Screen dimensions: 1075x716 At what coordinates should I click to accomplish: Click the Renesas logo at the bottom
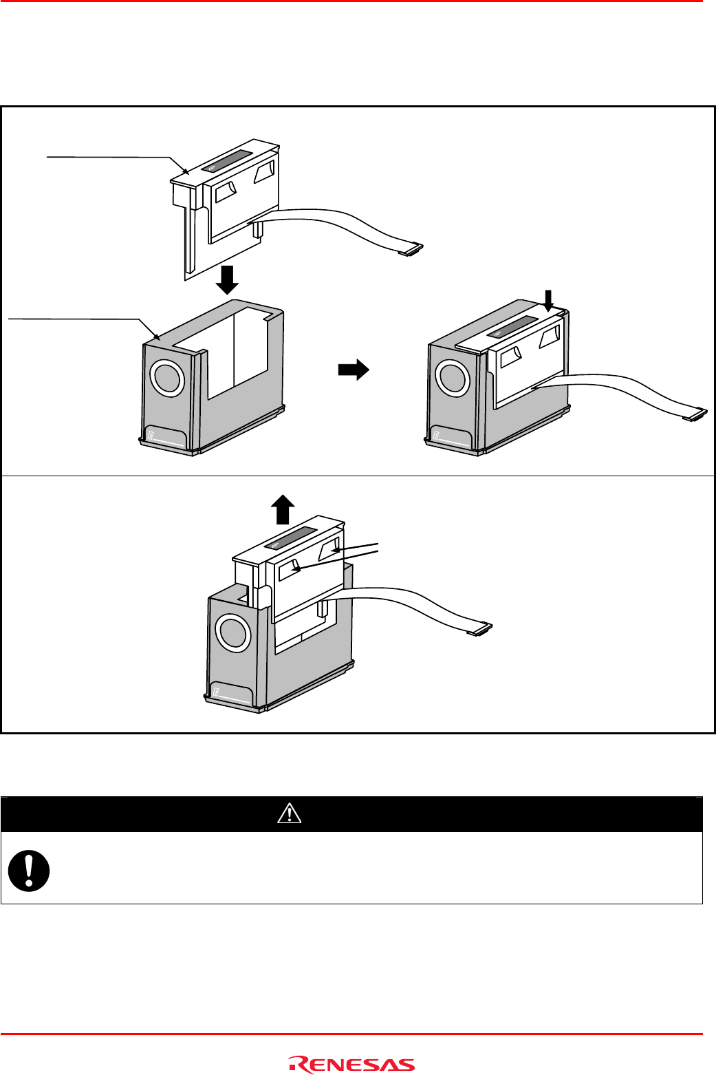[x=352, y=1065]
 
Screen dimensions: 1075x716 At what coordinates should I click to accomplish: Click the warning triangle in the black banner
[x=290, y=814]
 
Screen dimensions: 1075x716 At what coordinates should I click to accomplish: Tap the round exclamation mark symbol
[x=29, y=871]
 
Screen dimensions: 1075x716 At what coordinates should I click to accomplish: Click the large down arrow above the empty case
[x=227, y=279]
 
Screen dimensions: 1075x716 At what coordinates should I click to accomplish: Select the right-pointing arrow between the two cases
[x=354, y=370]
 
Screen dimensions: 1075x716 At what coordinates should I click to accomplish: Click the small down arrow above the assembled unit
[x=548, y=301]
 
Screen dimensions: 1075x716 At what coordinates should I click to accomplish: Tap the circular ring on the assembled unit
[x=453, y=378]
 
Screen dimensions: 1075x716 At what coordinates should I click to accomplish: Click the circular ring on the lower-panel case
[x=232, y=632]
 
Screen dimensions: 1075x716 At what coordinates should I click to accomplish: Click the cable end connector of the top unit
[x=411, y=250]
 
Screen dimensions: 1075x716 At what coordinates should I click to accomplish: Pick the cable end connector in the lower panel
[x=479, y=628]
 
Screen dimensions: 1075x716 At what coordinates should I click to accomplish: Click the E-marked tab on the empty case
[x=166, y=438]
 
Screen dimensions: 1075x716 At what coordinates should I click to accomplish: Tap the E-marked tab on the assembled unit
[x=452, y=438]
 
